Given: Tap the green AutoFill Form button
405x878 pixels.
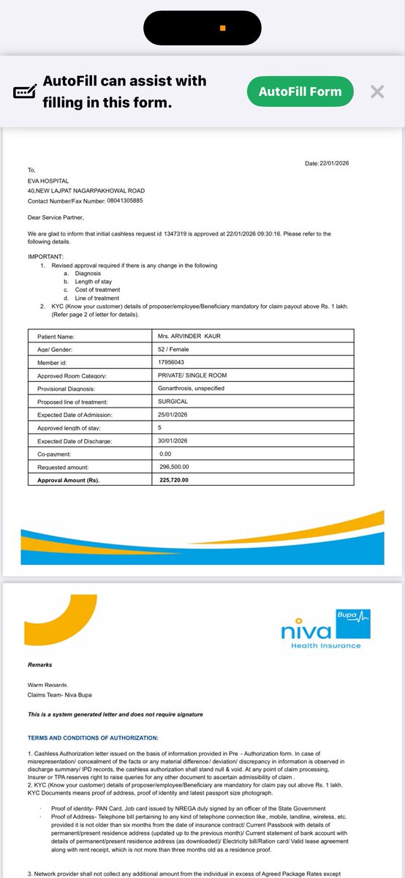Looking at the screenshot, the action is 300,91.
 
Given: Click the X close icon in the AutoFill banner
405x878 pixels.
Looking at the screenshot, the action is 376,91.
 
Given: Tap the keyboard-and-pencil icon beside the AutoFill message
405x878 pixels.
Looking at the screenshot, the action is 25,92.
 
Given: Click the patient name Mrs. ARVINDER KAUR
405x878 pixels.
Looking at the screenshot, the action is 190,337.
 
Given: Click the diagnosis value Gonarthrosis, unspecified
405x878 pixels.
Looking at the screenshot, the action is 195,388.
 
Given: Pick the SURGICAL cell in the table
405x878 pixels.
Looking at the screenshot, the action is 173,401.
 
